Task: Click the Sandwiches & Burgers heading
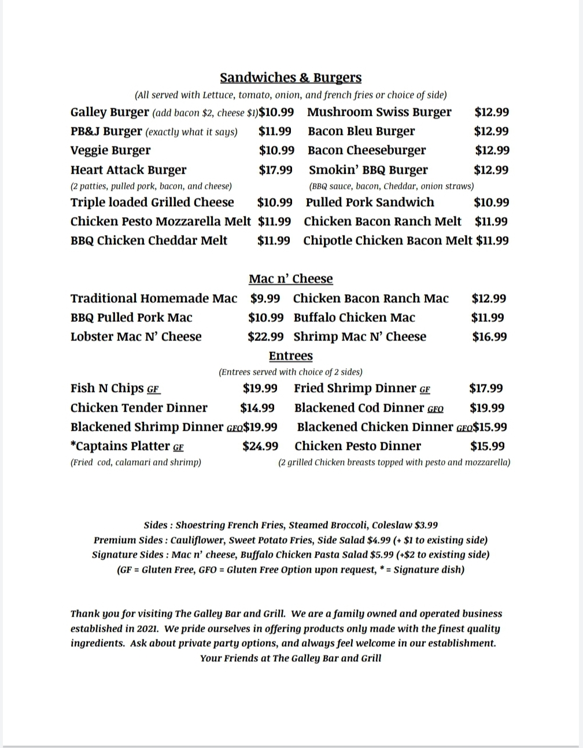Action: (290, 78)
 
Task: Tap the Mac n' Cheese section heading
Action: (290, 279)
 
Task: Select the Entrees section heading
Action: (290, 356)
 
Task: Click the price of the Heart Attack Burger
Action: (275, 170)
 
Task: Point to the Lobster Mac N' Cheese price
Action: (265, 337)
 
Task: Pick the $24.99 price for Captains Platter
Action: (260, 446)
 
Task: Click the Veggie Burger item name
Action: (110, 151)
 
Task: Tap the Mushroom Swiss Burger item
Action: (379, 112)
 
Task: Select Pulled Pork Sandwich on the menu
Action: (370, 203)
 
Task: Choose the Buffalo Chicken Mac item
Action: (354, 318)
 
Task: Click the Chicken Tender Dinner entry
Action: (139, 408)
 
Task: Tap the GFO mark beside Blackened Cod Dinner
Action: (436, 409)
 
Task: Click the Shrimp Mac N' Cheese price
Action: (489, 337)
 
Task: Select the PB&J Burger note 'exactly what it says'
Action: (191, 132)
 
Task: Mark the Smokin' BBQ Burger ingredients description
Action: (392, 186)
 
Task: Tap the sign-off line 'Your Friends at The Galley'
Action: (290, 658)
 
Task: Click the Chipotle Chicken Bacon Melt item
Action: (388, 241)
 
